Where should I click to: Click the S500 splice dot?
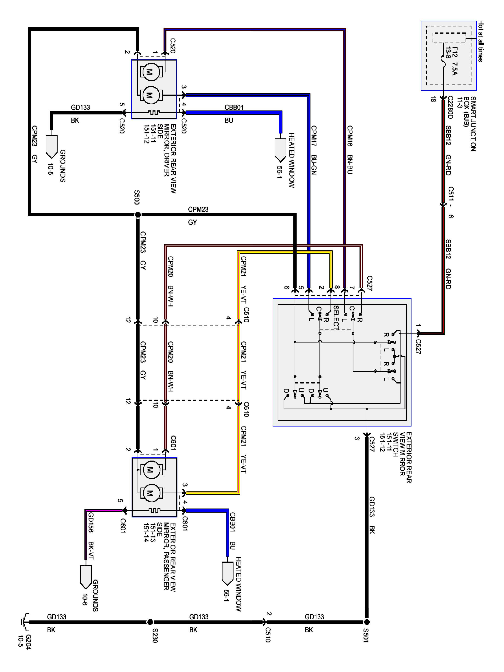tap(138, 215)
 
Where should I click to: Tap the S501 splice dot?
tap(367, 622)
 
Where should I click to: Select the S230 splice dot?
tap(150, 622)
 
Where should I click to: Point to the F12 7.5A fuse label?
tap(451, 61)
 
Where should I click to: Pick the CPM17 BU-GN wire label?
tap(314, 150)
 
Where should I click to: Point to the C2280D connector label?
tap(450, 108)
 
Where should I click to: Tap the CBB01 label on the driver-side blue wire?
tap(234, 108)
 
